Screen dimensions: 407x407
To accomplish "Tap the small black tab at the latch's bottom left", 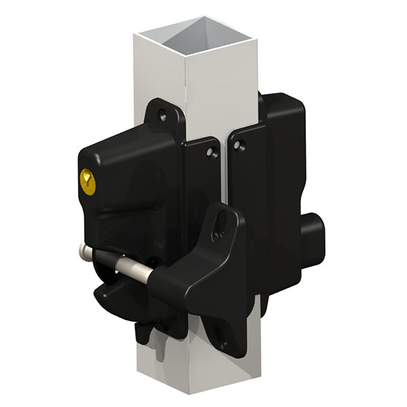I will [x=144, y=333].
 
